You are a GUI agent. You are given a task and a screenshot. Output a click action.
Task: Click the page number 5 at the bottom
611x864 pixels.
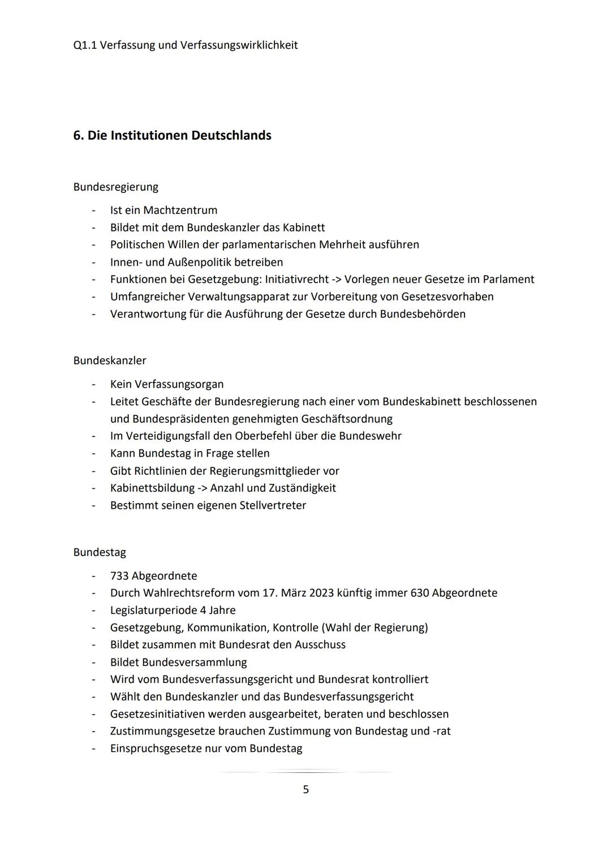click(x=305, y=789)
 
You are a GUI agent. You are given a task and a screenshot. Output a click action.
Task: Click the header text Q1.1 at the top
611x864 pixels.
click(x=84, y=45)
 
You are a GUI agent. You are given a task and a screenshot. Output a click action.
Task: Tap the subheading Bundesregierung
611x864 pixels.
click(x=115, y=187)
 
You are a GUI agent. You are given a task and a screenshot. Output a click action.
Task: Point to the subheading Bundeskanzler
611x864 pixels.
click(x=109, y=360)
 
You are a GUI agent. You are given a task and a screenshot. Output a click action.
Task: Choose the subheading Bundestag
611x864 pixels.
click(x=100, y=552)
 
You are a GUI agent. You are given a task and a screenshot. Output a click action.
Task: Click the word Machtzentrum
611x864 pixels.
click(x=180, y=210)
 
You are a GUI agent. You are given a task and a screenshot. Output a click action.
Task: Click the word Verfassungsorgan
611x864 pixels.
click(x=179, y=384)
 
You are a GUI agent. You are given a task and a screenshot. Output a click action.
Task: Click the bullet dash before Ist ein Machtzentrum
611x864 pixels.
click(x=93, y=210)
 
